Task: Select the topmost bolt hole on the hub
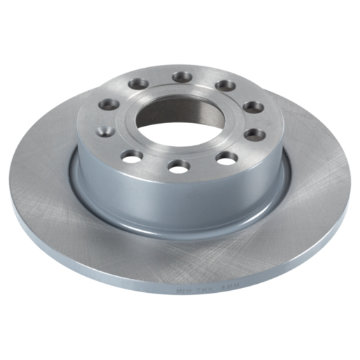pyautogui.click(x=182, y=76)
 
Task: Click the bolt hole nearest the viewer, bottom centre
pyautogui.click(x=178, y=166)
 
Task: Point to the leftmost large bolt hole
pyautogui.click(x=109, y=104)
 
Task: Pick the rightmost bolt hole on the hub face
pyautogui.click(x=255, y=133)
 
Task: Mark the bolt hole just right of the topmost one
pyautogui.click(x=225, y=85)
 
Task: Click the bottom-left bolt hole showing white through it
pyautogui.click(x=131, y=155)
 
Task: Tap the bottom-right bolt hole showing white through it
pyautogui.click(x=225, y=157)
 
